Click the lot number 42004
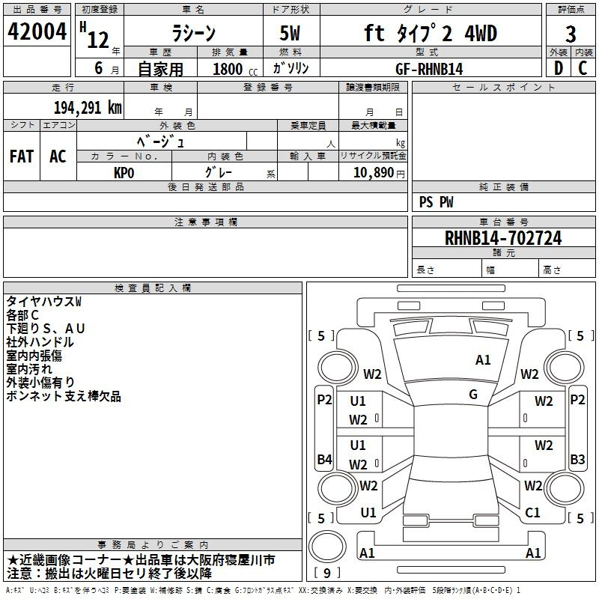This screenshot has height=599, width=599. coord(37,31)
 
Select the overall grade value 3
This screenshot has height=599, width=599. coord(571,34)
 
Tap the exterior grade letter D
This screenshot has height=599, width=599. coord(559,68)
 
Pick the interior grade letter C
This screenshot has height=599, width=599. coord(583,68)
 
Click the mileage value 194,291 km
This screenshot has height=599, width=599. coord(88,108)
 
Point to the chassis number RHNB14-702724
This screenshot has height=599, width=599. coord(503,238)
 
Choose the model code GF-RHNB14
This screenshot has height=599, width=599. coord(429,69)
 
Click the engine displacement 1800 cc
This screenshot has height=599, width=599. coord(235,69)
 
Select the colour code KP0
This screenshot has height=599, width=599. coord(124,173)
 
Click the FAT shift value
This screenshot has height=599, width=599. coord(22,156)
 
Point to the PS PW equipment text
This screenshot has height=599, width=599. coord(436,202)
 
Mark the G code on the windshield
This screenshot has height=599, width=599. coord(473,395)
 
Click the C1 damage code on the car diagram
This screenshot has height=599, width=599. coord(532,512)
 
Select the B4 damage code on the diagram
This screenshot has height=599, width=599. coord(324,459)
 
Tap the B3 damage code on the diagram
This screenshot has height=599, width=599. coord(577,459)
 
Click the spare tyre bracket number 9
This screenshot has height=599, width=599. coord(327,573)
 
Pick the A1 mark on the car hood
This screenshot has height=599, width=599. coord(482,360)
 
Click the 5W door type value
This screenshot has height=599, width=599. coord(290,33)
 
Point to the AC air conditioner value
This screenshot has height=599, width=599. coord(58,156)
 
